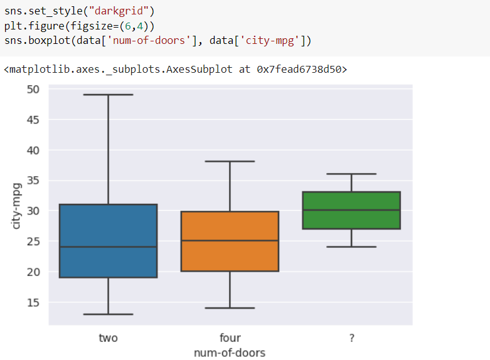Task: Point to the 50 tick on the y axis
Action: click(x=33, y=89)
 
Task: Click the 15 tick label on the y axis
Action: click(x=33, y=302)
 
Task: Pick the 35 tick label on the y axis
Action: click(x=33, y=181)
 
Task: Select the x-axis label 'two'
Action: click(x=108, y=338)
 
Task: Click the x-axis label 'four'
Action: click(x=230, y=338)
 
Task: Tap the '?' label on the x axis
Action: click(x=351, y=338)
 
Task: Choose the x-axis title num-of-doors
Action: click(x=230, y=352)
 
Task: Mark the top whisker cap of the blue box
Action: click(x=108, y=95)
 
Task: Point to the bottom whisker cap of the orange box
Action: click(x=230, y=308)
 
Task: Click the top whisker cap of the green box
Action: click(x=351, y=174)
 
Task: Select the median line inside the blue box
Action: click(x=108, y=247)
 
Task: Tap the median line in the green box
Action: click(x=351, y=210)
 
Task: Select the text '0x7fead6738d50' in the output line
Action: click(x=301, y=69)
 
